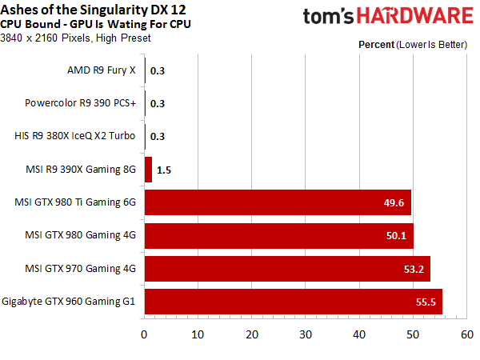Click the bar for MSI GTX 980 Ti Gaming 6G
[x=278, y=202]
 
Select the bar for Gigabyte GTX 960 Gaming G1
[x=294, y=302]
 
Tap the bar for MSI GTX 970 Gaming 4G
[x=287, y=269]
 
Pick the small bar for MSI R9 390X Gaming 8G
[x=148, y=170]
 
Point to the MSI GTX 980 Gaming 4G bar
[x=279, y=236]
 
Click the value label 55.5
[x=426, y=302]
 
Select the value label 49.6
[x=394, y=202]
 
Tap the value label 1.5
[x=164, y=170]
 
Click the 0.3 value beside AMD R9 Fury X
[x=158, y=70]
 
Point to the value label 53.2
[x=414, y=269]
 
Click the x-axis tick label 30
[x=306, y=334]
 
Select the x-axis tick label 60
[x=467, y=334]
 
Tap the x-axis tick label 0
[x=144, y=334]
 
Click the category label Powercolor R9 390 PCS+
[x=80, y=103]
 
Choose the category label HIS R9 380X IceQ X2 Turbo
[x=74, y=136]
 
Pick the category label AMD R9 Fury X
[x=102, y=70]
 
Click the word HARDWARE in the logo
[x=415, y=16]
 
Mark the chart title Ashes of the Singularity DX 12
[x=93, y=10]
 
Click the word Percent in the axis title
[x=376, y=45]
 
